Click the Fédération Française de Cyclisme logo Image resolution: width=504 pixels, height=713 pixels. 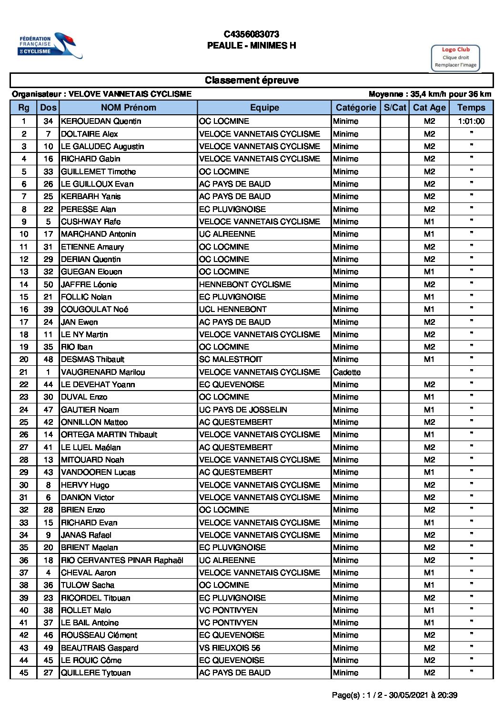click(x=50, y=46)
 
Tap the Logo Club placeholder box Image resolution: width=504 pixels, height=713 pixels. click(x=455, y=57)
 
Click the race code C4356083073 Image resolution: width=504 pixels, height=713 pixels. click(x=252, y=34)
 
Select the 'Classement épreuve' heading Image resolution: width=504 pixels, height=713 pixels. click(x=252, y=80)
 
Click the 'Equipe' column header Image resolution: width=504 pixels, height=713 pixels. click(x=264, y=108)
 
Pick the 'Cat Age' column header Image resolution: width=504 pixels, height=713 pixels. click(x=429, y=108)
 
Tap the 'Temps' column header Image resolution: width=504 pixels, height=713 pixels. click(x=471, y=108)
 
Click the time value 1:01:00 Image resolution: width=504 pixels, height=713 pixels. click(x=471, y=121)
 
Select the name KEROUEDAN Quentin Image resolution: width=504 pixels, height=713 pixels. click(x=101, y=121)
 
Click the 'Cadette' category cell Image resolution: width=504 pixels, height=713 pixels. click(x=347, y=372)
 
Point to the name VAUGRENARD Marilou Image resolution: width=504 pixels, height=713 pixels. click(x=103, y=372)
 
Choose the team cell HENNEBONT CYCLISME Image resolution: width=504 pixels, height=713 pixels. click(x=245, y=284)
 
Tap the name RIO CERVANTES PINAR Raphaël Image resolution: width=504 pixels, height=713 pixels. click(x=122, y=560)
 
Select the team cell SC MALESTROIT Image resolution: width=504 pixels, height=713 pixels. click(x=231, y=360)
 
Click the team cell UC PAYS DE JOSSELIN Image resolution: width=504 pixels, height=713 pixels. click(x=243, y=410)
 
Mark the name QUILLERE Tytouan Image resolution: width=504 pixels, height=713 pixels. click(x=96, y=673)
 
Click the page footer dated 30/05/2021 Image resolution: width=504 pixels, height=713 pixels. click(x=394, y=695)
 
